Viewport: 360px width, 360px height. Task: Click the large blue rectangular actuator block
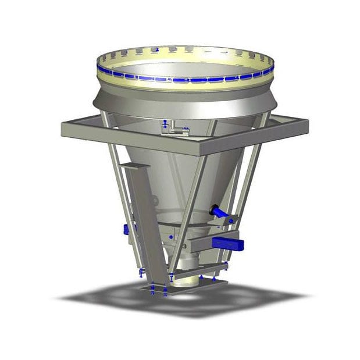click(x=227, y=243)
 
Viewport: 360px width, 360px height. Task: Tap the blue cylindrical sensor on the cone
click(x=220, y=212)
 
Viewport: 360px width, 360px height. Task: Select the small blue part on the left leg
click(x=126, y=230)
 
